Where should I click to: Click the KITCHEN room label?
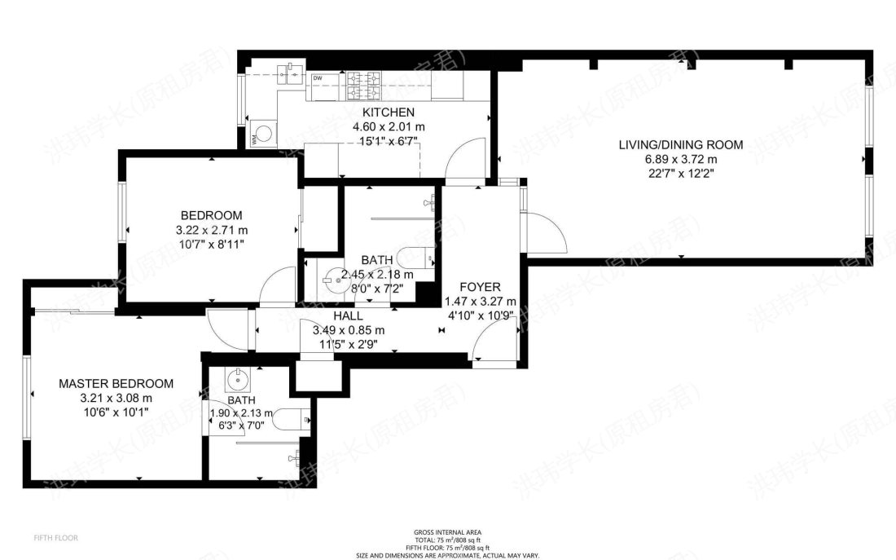pyautogui.click(x=389, y=112)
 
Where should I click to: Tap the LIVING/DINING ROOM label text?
pyautogui.click(x=680, y=145)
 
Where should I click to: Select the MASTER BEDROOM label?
pyautogui.click(x=116, y=383)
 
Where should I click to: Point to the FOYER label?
pyautogui.click(x=480, y=287)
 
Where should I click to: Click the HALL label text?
pyautogui.click(x=348, y=315)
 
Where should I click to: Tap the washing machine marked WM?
pyautogui.click(x=263, y=132)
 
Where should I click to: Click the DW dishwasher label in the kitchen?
pyautogui.click(x=318, y=78)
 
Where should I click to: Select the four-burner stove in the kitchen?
pyautogui.click(x=365, y=79)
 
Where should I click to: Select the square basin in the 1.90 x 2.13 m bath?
pyautogui.click(x=237, y=378)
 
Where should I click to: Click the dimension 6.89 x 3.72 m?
pyautogui.click(x=680, y=159)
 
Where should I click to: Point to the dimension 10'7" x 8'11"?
pyautogui.click(x=209, y=244)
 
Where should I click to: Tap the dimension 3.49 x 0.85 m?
pyautogui.click(x=348, y=330)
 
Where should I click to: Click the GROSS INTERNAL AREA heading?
pyautogui.click(x=446, y=532)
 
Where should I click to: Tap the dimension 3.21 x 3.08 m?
pyautogui.click(x=116, y=398)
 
